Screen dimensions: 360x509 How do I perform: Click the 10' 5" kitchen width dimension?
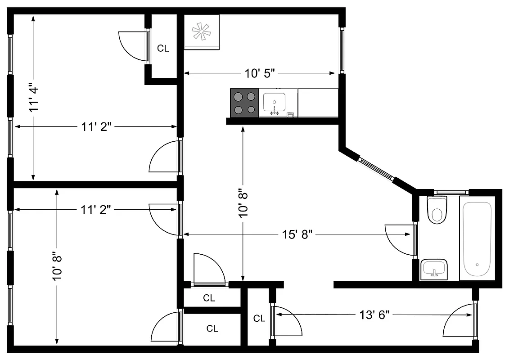[x=260, y=73]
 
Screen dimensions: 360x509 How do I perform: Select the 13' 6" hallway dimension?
[x=374, y=314]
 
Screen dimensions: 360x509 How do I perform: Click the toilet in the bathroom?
[x=436, y=210]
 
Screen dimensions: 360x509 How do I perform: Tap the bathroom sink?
[x=434, y=269]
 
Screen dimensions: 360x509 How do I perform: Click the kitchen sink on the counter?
[x=274, y=103]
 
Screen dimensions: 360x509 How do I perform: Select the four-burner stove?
[x=244, y=103]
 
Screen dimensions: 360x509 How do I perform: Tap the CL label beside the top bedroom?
[x=163, y=49]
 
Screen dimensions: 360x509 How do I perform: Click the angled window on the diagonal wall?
[x=377, y=169]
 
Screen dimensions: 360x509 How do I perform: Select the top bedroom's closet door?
[x=134, y=45]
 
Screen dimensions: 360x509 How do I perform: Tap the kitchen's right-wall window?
[x=342, y=49]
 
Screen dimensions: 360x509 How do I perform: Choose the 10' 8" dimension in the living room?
[x=243, y=202]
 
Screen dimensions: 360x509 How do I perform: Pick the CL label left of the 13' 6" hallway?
[x=259, y=319]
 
